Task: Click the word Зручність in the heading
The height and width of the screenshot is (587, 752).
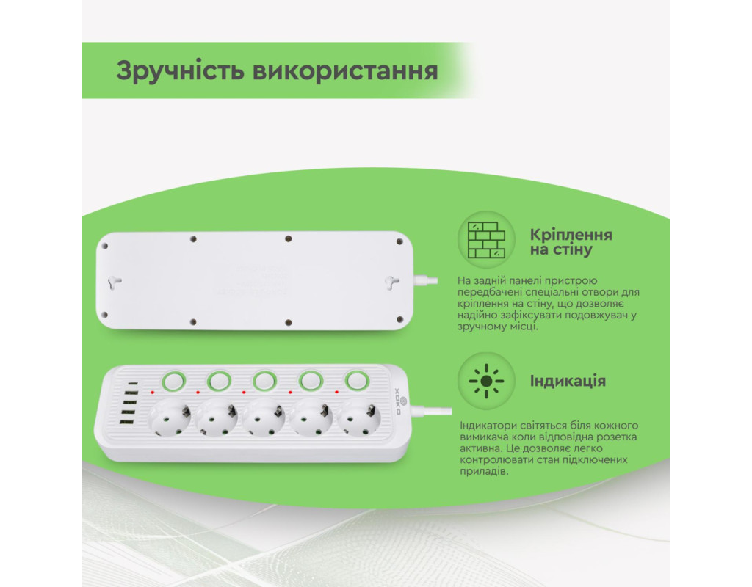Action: (181, 71)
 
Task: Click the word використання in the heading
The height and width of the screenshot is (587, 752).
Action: (345, 71)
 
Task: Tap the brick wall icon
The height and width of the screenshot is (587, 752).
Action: (486, 240)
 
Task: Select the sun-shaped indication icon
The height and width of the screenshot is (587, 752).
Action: (486, 381)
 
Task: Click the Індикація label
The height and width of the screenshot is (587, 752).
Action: (568, 381)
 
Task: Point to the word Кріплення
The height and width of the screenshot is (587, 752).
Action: (571, 235)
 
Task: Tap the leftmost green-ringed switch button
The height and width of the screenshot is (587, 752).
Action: (173, 382)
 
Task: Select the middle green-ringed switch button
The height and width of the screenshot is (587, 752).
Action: (264, 382)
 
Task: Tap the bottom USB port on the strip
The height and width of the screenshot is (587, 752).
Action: (126, 422)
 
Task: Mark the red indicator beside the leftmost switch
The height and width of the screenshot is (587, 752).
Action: (153, 393)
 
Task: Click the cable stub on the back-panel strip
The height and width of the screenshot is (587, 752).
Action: (425, 281)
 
